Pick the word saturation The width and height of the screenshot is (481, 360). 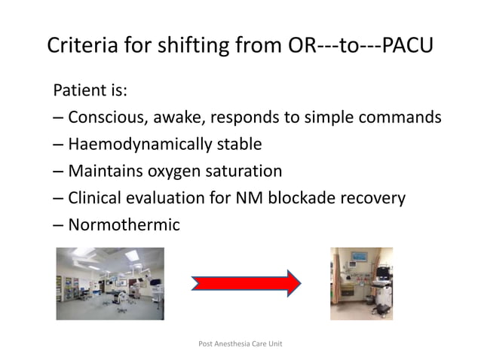tap(243, 172)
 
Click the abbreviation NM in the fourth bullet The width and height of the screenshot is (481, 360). tap(250, 199)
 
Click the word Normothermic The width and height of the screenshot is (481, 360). tap(124, 225)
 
